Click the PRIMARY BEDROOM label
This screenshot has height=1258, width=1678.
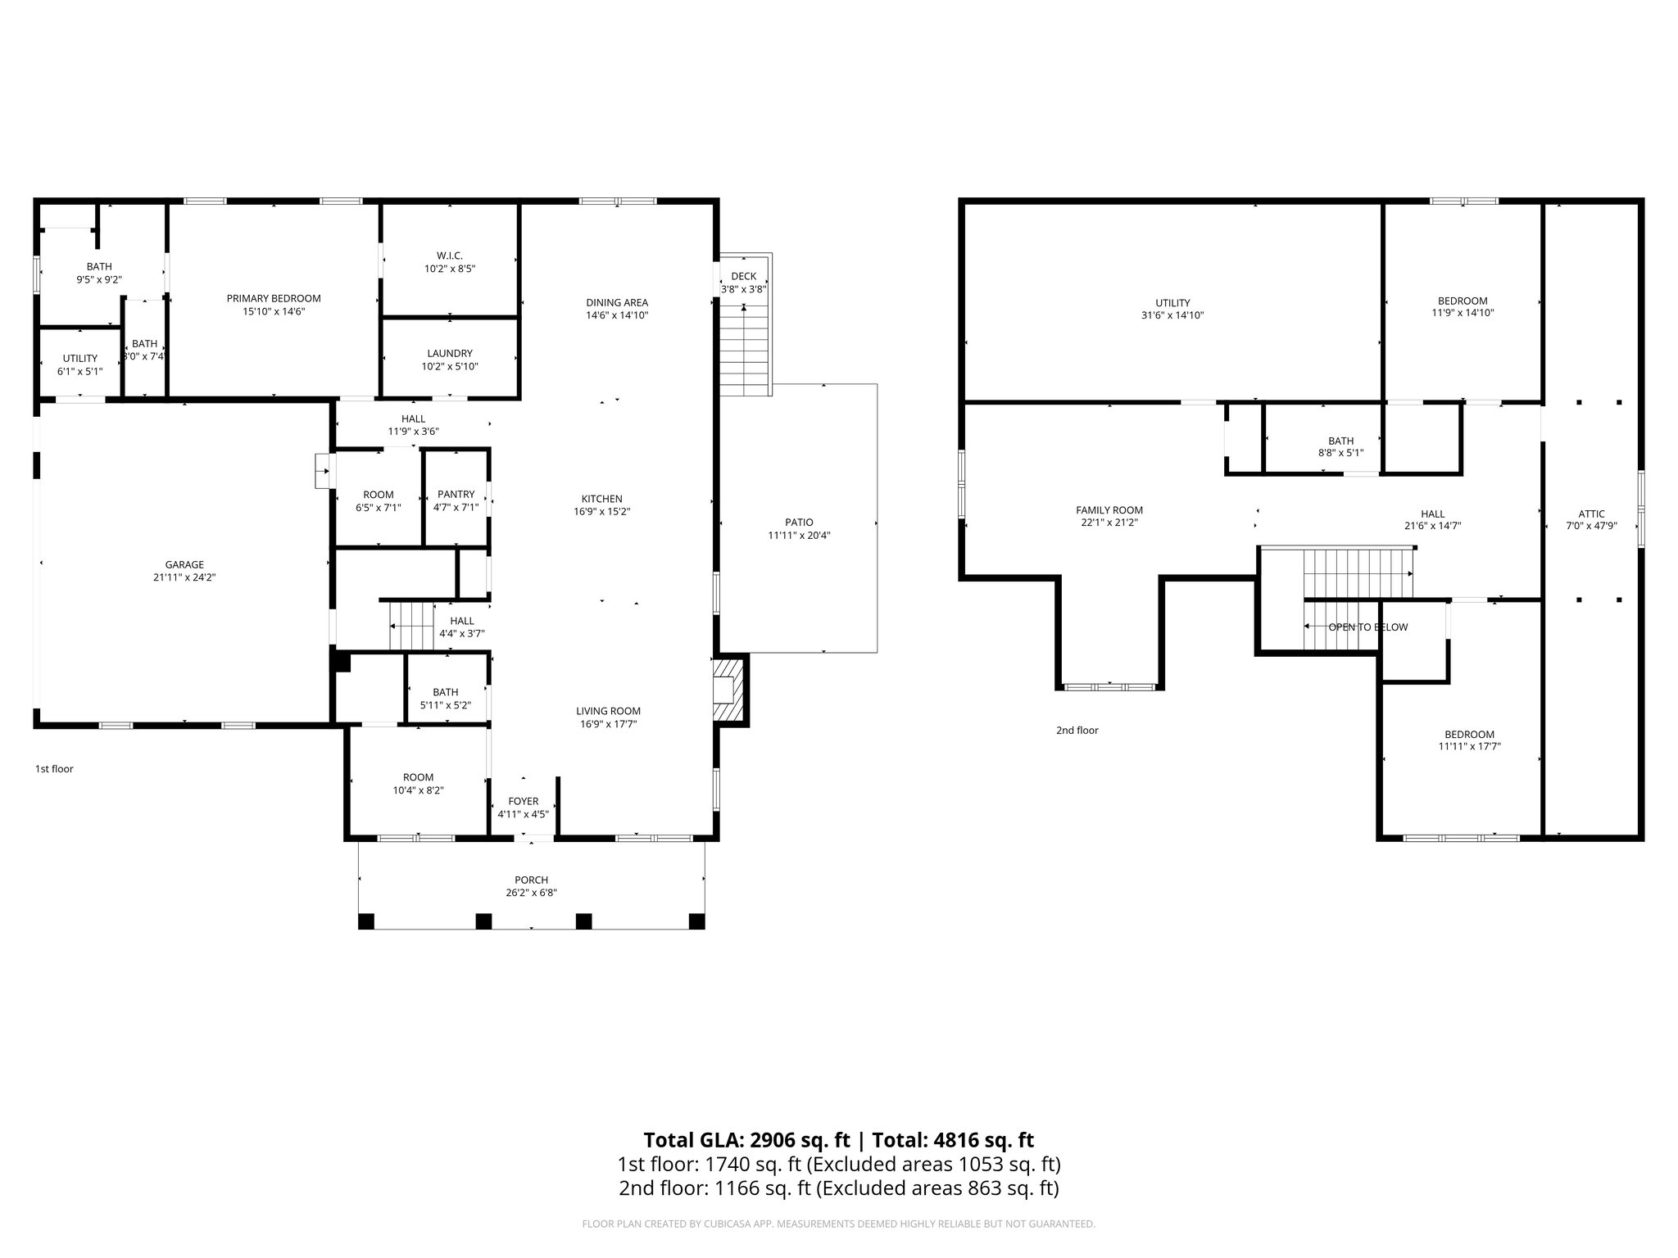274,298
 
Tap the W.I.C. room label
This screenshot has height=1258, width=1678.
450,256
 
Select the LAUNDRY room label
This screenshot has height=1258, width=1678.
450,353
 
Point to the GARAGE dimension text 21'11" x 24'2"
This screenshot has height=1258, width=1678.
184,577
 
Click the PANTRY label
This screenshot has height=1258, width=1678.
456,494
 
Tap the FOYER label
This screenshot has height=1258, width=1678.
523,801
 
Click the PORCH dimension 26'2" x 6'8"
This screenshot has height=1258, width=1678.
531,893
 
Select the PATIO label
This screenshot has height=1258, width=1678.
799,522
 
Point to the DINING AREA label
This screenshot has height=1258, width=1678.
616,302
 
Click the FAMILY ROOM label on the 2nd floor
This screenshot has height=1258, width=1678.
1109,509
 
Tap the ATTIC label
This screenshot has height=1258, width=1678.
1591,514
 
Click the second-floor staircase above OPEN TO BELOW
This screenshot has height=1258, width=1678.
1358,572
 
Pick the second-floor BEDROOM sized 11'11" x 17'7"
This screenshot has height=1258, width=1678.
1469,734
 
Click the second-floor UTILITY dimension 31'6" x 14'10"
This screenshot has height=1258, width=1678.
1172,315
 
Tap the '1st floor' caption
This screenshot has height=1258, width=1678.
54,769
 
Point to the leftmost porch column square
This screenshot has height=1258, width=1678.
366,921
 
